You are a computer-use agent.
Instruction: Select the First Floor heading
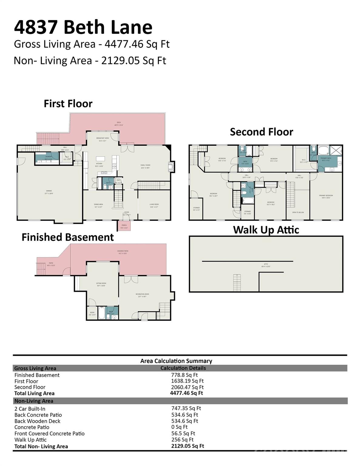(x=68, y=104)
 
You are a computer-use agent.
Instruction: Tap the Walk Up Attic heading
(x=266, y=230)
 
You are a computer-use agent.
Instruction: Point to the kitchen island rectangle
(x=100, y=159)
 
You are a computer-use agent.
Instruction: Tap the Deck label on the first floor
(x=119, y=124)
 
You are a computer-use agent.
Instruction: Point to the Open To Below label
(x=298, y=212)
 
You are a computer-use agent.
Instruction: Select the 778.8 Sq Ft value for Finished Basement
(x=184, y=375)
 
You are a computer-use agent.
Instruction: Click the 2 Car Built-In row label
(x=30, y=409)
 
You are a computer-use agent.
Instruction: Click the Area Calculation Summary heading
(x=176, y=361)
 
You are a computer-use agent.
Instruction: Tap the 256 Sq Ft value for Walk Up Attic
(x=182, y=440)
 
